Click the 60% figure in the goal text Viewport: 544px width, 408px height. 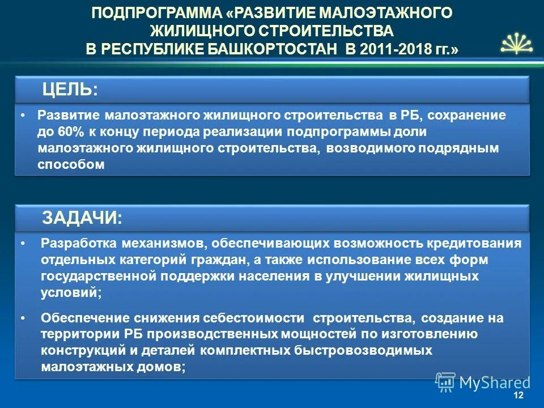coord(63,131)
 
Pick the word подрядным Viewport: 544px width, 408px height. coord(466,148)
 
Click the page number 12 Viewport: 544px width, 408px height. coord(518,395)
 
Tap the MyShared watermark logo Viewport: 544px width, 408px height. coord(483,382)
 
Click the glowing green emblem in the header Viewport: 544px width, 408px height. coord(514,43)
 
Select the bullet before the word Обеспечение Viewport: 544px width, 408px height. coord(22,318)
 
